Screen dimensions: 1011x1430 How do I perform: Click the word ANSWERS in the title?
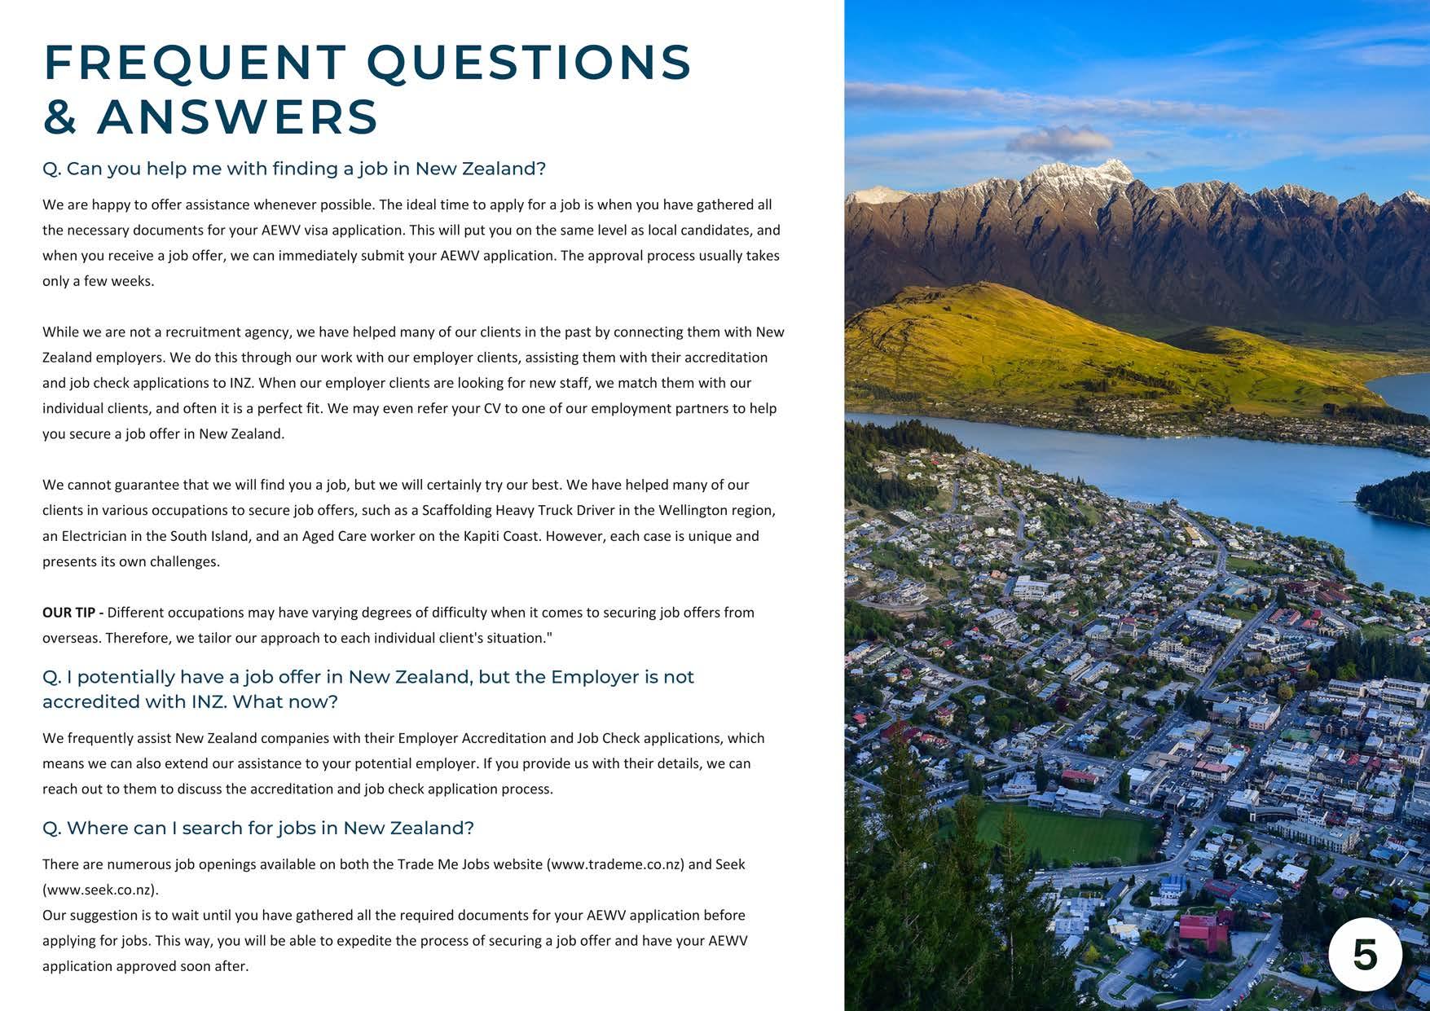pyautogui.click(x=237, y=116)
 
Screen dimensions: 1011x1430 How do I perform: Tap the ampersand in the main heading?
pyautogui.click(x=59, y=116)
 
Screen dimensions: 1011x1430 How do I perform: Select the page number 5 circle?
pyautogui.click(x=1365, y=954)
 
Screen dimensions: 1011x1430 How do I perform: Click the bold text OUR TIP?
pyautogui.click(x=72, y=613)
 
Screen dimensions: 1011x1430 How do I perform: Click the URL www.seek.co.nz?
pyautogui.click(x=100, y=890)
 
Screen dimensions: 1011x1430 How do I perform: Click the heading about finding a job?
pyautogui.click(x=294, y=169)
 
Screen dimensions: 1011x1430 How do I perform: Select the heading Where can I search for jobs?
pyautogui.click(x=258, y=829)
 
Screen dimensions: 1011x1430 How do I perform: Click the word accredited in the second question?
pyautogui.click(x=90, y=702)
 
